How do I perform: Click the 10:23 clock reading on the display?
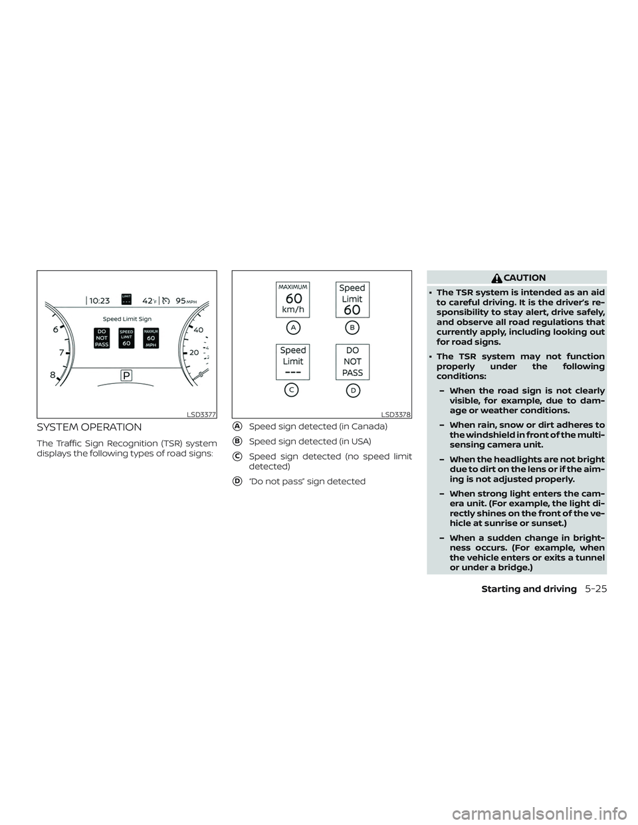[99, 300]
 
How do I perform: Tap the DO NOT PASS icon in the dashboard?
[102, 337]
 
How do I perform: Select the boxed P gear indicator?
[126, 375]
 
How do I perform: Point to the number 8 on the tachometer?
[52, 375]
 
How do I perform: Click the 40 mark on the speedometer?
[198, 329]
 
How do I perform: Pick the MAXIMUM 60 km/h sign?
[293, 300]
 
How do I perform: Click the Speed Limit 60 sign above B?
[352, 300]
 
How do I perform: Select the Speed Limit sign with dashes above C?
[293, 362]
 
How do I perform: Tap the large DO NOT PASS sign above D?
[352, 362]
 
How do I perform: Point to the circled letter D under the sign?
[352, 390]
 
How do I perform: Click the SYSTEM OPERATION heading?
[89, 427]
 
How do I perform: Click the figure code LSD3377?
[201, 414]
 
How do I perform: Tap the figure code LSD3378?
[396, 414]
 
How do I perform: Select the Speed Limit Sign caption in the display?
[127, 319]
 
